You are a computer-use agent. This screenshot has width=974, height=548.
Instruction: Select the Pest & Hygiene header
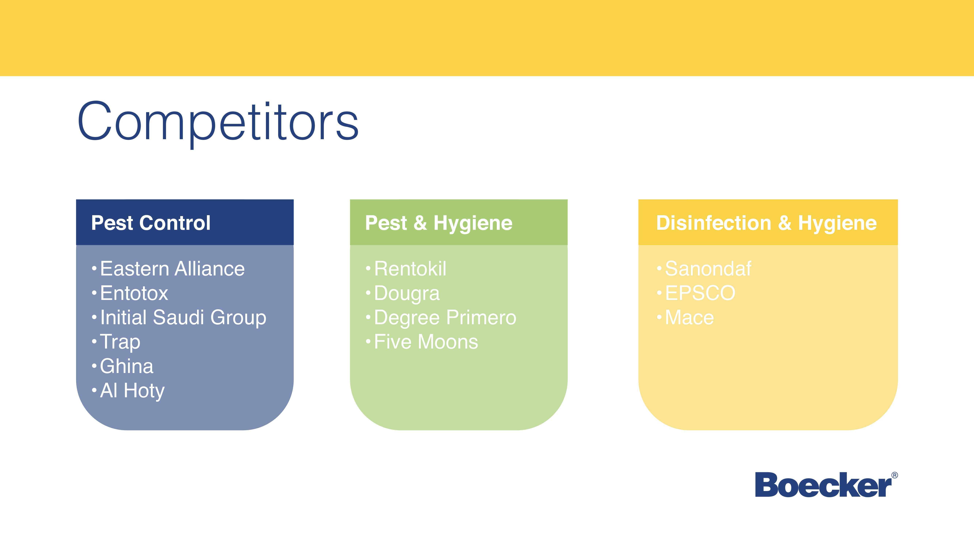[x=439, y=223]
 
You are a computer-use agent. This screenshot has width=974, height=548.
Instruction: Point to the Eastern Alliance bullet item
[x=172, y=269]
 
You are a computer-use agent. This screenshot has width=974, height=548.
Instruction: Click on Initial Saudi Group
[x=183, y=318]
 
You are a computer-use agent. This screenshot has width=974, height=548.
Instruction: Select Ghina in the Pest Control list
[x=127, y=366]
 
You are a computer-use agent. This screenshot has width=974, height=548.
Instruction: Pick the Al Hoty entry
[x=132, y=391]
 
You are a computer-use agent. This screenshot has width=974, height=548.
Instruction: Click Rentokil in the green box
[x=410, y=269]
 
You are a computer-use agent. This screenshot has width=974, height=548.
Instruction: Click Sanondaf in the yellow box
[x=708, y=269]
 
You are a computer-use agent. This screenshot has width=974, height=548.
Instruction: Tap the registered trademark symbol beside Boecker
[x=895, y=475]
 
